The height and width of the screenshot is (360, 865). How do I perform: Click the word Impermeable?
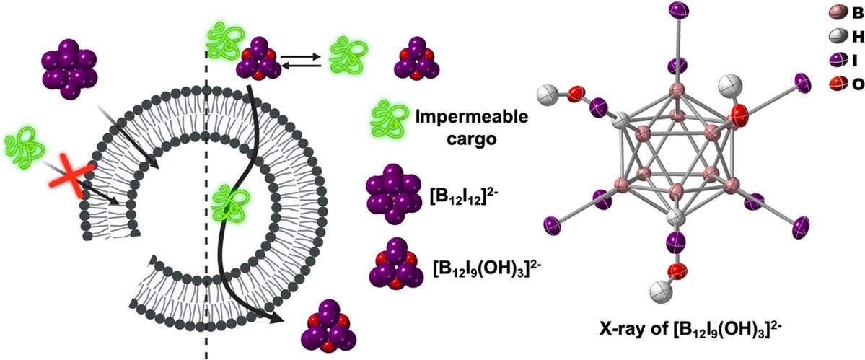pos(452,117)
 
